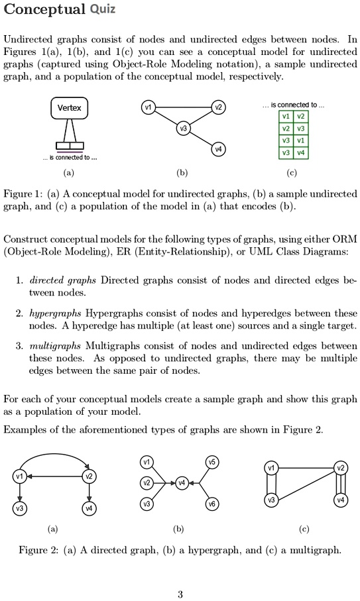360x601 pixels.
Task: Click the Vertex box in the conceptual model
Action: (68, 107)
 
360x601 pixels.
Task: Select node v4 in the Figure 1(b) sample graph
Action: (217, 150)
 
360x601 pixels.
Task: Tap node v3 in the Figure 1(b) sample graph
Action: (182, 128)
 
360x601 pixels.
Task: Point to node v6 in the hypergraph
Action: (212, 504)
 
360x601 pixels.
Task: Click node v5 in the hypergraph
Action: (212, 462)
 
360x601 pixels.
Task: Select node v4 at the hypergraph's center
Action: (182, 482)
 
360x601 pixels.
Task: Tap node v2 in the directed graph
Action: (88, 476)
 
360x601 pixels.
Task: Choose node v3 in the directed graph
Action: (21, 508)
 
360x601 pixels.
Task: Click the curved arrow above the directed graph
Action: (55, 455)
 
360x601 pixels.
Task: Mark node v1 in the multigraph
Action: (270, 468)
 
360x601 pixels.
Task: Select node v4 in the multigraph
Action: (341, 500)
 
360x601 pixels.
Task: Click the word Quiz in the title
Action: (103, 9)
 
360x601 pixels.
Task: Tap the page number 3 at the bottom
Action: (180, 594)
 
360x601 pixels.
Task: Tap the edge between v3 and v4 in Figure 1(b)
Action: (200, 139)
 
